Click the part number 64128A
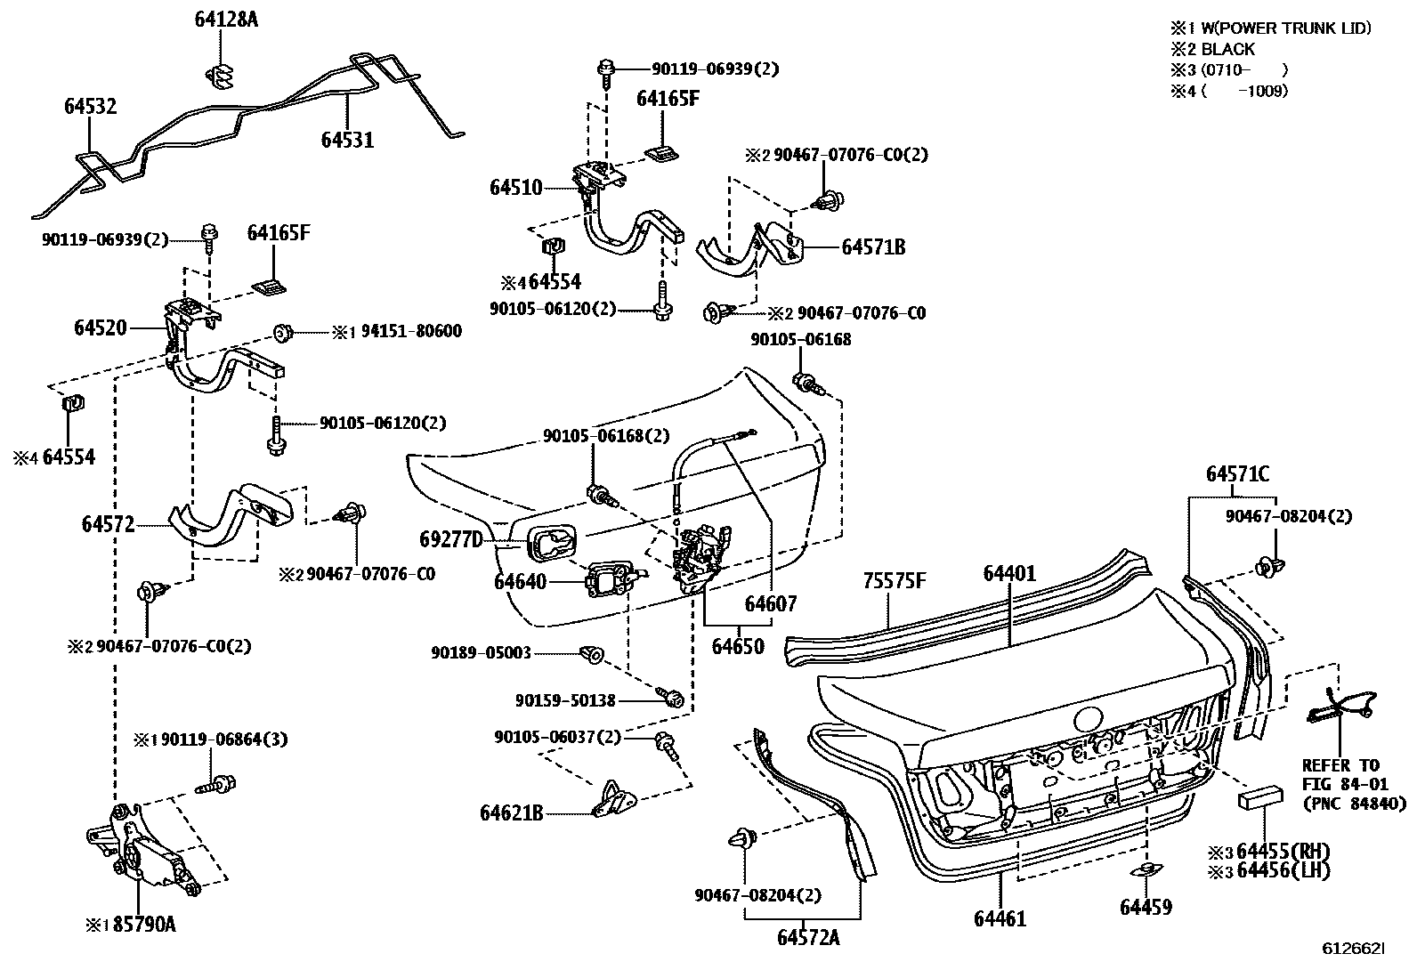click(x=226, y=19)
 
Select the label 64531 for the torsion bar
click(x=347, y=140)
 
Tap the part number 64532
click(x=90, y=107)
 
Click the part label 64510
click(x=515, y=188)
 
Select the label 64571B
click(x=873, y=247)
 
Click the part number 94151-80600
click(x=411, y=332)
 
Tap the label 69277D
click(x=450, y=539)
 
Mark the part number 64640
click(x=521, y=582)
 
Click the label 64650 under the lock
click(x=738, y=646)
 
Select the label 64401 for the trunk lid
click(x=1009, y=574)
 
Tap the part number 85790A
click(x=145, y=924)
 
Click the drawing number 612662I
click(x=1353, y=950)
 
